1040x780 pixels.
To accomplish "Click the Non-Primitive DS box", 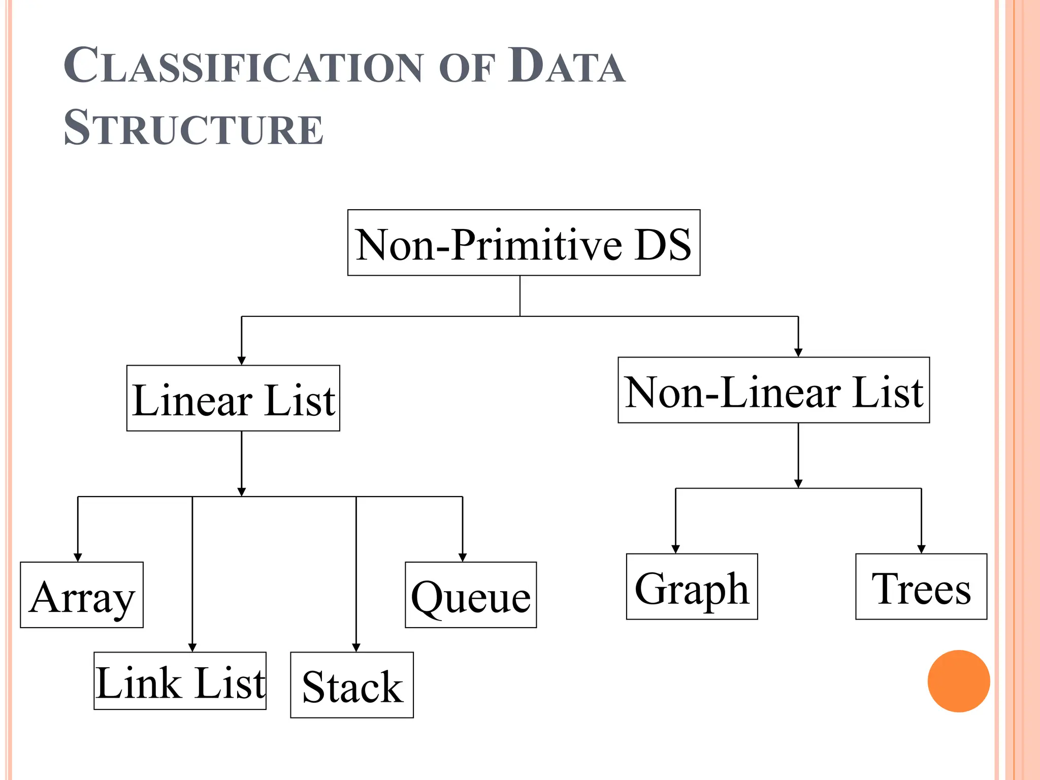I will click(524, 243).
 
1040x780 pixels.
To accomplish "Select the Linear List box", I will click(233, 398).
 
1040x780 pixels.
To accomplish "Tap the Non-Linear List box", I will click(773, 390).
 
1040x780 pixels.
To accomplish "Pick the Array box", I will click(82, 595).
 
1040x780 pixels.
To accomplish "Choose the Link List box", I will click(180, 680).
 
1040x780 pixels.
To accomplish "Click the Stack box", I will click(352, 685).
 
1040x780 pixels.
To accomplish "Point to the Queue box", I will click(471, 595).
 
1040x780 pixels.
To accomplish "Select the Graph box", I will click(692, 587).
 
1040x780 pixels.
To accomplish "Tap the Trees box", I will click(921, 587).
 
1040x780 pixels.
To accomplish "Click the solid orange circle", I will click(958, 681).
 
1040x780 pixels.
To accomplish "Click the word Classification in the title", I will click(243, 66).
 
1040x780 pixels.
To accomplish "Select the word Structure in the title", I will click(193, 127).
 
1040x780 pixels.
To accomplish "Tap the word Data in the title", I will click(566, 66).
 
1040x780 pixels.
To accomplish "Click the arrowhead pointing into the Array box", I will click(78, 558).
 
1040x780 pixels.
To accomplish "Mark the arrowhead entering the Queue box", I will click(463, 558).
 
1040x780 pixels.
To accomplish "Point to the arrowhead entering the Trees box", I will click(921, 549).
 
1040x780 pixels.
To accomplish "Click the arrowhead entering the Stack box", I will click(356, 647).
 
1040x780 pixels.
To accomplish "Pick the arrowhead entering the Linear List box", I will click(242, 361).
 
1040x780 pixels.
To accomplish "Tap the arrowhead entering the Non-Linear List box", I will click(798, 353).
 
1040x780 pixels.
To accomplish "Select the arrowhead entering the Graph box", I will click(675, 549).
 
